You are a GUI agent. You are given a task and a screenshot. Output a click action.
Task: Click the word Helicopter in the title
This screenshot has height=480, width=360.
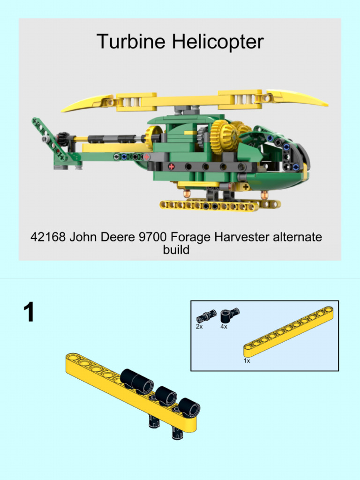[x=217, y=42]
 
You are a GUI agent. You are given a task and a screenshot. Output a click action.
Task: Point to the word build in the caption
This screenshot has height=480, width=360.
[x=176, y=250]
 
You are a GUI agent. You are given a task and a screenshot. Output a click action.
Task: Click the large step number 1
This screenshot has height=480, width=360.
[x=29, y=313]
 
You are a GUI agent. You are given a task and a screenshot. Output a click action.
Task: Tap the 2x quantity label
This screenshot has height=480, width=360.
[x=199, y=327]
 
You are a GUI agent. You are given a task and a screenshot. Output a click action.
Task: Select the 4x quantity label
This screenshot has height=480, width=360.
[x=224, y=327]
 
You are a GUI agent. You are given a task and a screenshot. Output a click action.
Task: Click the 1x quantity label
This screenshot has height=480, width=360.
[x=247, y=361]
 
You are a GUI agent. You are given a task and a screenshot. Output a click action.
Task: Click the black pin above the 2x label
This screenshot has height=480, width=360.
[x=206, y=316]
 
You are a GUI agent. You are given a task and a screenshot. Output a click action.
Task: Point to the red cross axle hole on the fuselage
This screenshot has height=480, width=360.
[x=172, y=166]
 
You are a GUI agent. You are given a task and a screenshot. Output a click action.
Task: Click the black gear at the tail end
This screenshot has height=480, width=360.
[x=61, y=139]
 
